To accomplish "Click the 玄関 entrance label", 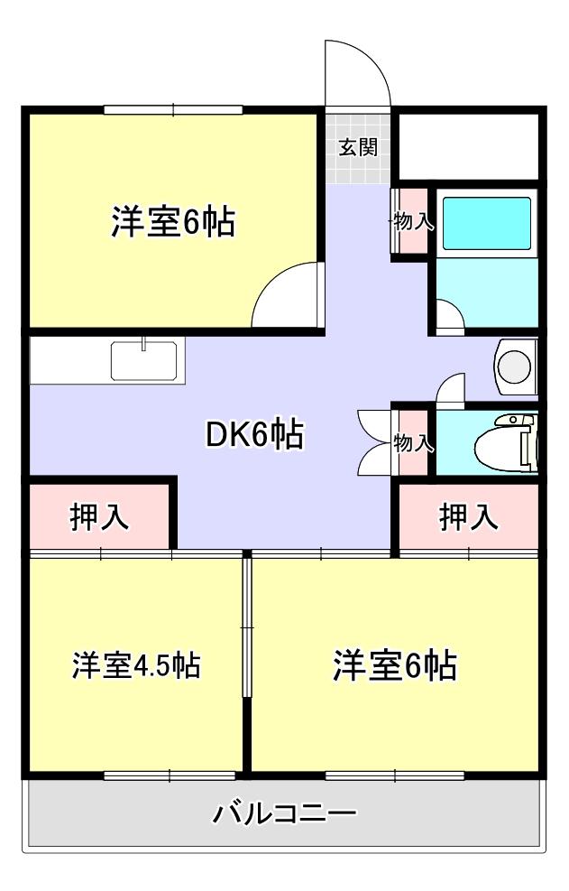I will [358, 148].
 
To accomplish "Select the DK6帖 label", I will [254, 435].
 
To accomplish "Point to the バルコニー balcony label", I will [285, 814].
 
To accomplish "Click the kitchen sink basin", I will [146, 361].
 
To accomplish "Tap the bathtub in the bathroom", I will [486, 222].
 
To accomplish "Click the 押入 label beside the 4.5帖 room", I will [100, 517].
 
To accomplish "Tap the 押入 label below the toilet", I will [469, 517].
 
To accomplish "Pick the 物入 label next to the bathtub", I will [413, 221].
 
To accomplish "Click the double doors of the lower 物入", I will [373, 442].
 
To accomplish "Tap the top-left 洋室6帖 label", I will [173, 221].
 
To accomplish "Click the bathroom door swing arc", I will [449, 315].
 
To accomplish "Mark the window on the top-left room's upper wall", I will [173, 110].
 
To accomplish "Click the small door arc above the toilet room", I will [450, 387].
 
